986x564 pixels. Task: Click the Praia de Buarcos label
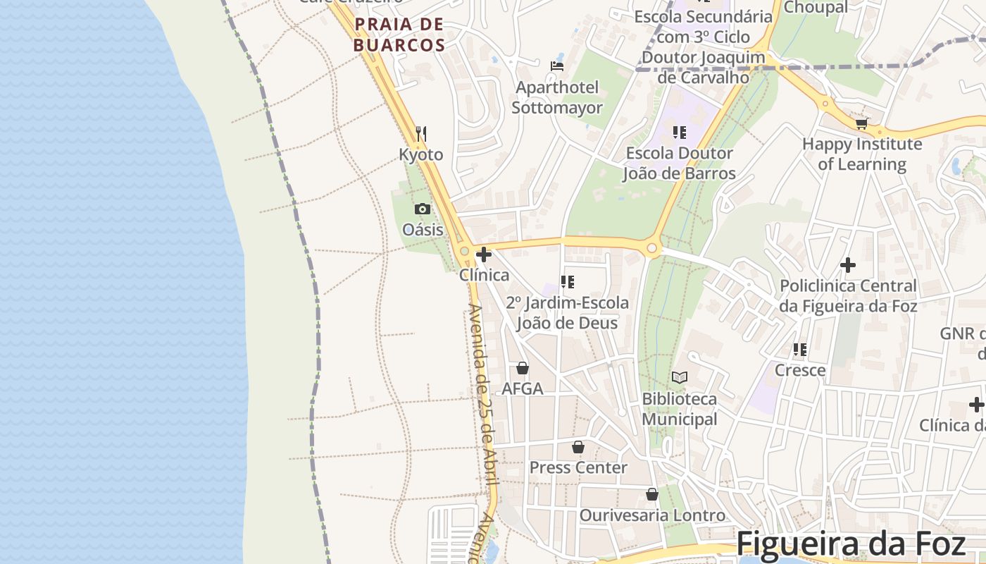(399, 35)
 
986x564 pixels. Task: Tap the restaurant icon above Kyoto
(421, 133)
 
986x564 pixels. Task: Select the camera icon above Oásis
(423, 209)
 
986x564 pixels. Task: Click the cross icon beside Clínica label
(484, 255)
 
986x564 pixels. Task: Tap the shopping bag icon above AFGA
(523, 368)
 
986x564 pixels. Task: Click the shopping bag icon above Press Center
(578, 447)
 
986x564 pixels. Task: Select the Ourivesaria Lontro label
(651, 515)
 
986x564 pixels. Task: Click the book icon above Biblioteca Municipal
(679, 378)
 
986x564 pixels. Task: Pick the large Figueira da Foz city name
(851, 544)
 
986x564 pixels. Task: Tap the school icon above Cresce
(799, 349)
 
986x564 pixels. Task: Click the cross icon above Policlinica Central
(848, 265)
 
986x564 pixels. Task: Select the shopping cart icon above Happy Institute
(861, 123)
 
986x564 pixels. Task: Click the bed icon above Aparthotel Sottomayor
(557, 66)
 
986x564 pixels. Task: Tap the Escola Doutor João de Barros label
(679, 163)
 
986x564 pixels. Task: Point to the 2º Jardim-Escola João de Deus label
(567, 313)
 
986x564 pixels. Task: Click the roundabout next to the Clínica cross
(464, 251)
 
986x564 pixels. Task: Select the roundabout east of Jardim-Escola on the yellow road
(652, 248)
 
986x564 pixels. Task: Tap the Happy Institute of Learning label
(862, 154)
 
